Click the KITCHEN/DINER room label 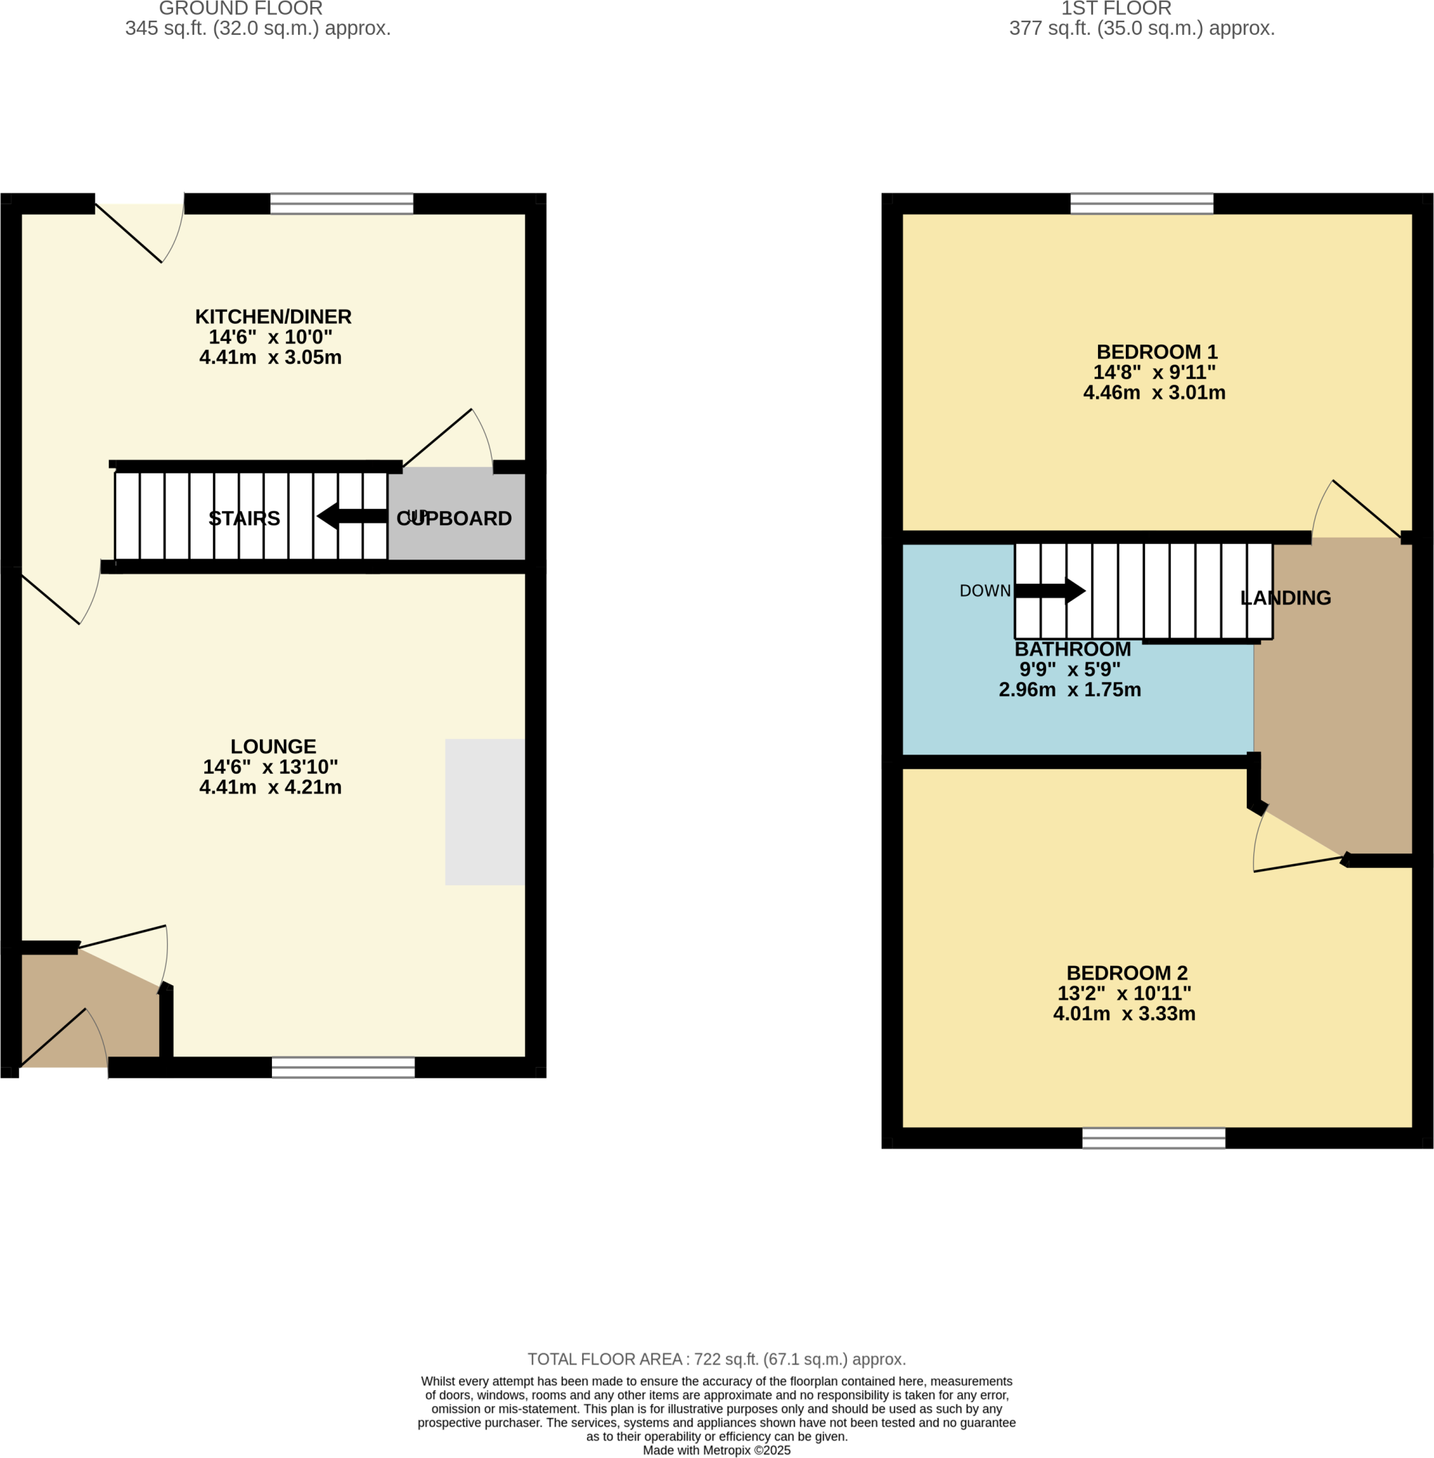(273, 317)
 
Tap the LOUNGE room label (273, 746)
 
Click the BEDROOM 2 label (1126, 972)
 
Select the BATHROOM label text (1072, 649)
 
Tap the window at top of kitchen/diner (341, 204)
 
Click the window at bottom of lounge (343, 1067)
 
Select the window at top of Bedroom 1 (1141, 204)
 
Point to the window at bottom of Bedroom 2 (1153, 1138)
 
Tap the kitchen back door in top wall (139, 226)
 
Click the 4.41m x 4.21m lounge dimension (270, 787)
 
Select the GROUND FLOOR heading (241, 9)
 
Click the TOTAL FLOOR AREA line (716, 1359)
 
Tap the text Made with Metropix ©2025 (716, 1449)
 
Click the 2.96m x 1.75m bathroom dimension (1069, 689)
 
